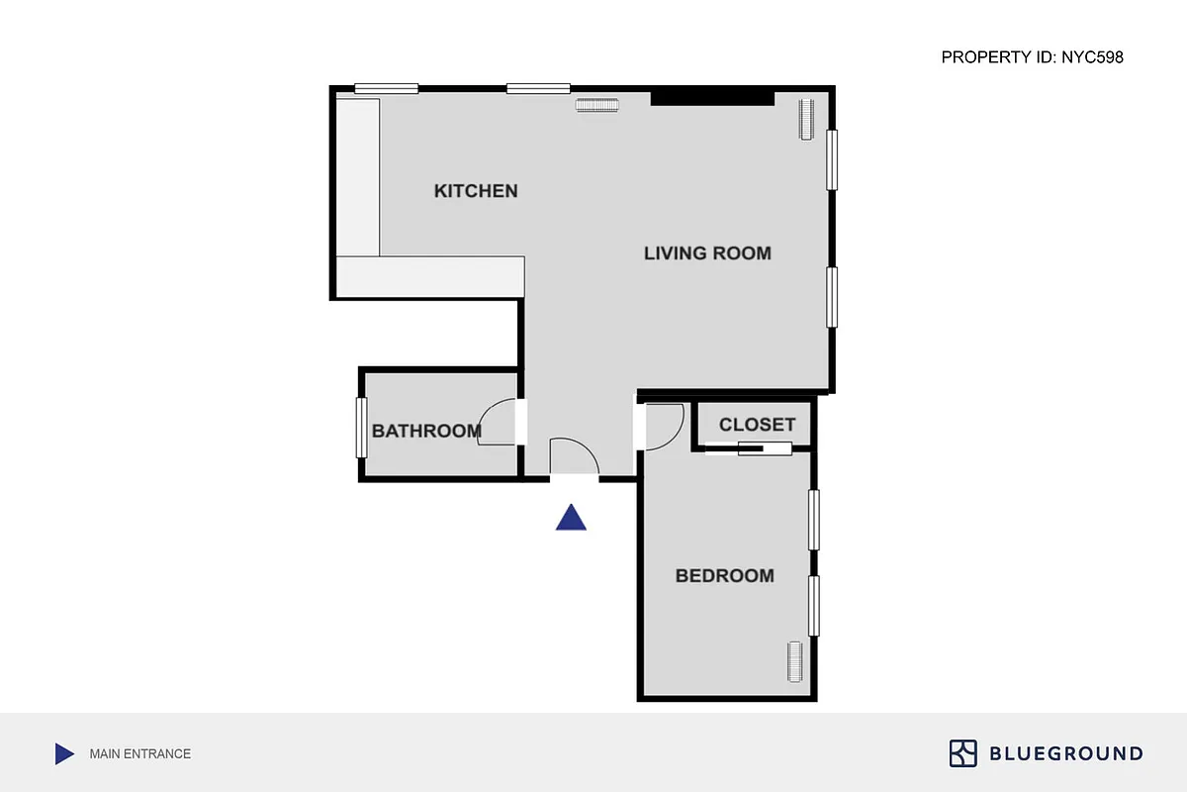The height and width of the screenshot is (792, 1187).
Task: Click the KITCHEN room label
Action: pos(476,191)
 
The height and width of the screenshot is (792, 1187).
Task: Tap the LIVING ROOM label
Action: pos(707,253)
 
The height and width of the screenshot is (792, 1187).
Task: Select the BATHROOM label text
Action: pos(426,432)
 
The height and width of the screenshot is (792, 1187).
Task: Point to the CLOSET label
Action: pos(757,425)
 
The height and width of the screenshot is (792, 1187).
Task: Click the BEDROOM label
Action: pos(724,576)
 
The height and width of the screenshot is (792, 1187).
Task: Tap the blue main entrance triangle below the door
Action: pos(571,518)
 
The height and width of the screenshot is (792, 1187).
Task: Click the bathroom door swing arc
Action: pos(498,423)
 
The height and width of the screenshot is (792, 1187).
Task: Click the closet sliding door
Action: pos(749,449)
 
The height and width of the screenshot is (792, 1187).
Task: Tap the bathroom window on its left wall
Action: pos(362,427)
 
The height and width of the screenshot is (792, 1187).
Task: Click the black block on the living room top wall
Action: pos(711,97)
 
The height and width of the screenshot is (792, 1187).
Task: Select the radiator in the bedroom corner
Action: pos(794,662)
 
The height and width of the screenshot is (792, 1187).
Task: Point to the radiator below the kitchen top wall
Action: pos(596,105)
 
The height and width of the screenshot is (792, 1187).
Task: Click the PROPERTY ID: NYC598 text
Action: pos(1032,57)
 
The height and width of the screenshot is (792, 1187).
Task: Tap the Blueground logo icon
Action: pos(962,753)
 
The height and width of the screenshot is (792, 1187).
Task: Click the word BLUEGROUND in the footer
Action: pos(1066,754)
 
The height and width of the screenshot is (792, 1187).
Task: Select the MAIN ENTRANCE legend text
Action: pos(139,754)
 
